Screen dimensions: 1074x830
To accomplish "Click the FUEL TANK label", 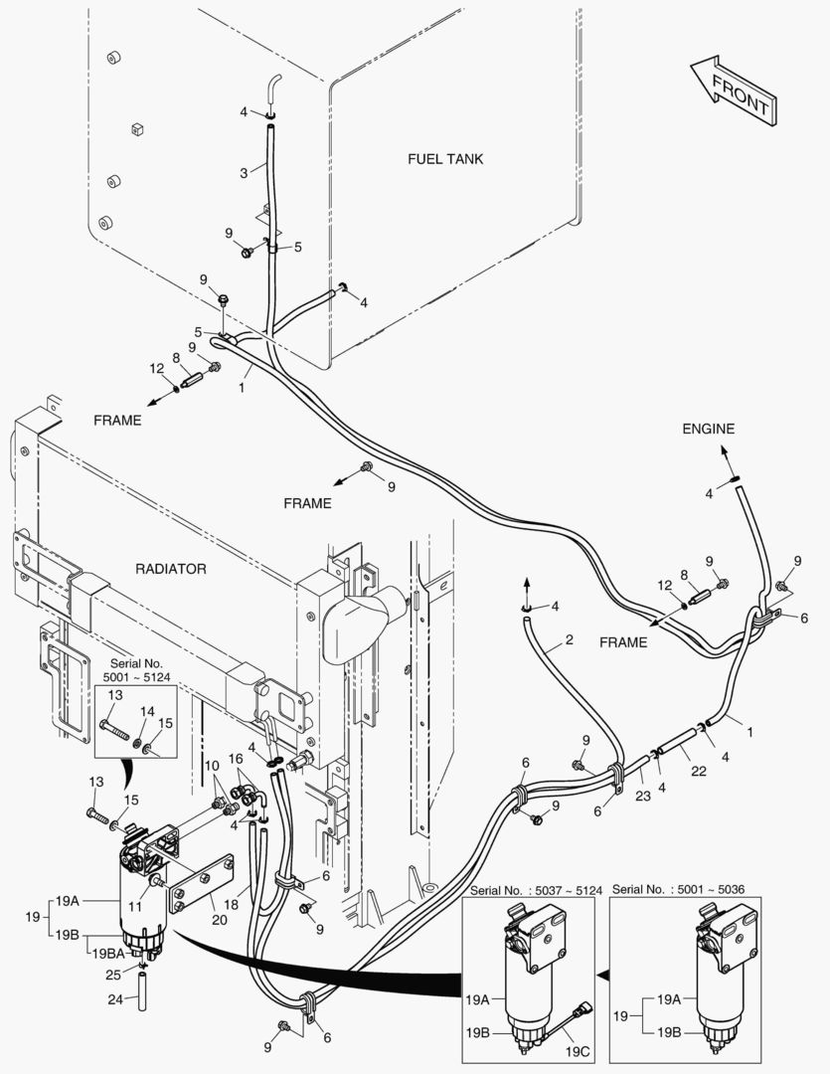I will coord(446,159).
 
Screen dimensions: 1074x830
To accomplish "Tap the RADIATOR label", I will coord(170,569).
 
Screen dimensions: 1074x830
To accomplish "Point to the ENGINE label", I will coord(708,429).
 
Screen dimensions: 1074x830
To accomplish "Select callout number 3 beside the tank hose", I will coord(244,173).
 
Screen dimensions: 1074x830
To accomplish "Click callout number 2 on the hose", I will coord(569,640).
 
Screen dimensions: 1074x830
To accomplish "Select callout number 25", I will coord(114,973).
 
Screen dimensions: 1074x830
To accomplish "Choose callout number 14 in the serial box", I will coord(146,712).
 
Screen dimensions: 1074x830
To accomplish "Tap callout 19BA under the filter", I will coord(108,953).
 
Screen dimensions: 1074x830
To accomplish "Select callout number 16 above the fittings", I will coord(237,758).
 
